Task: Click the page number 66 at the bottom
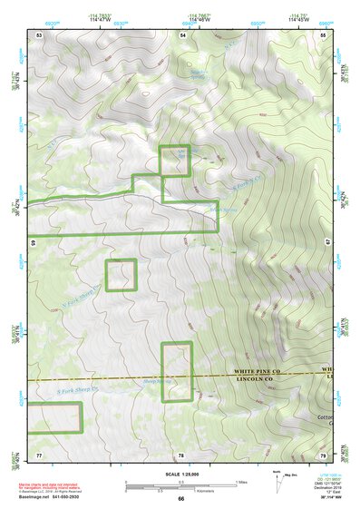[x=180, y=498]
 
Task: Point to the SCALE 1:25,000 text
[x=180, y=474]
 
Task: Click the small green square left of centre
[x=121, y=275]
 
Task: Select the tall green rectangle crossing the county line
[x=177, y=370]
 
